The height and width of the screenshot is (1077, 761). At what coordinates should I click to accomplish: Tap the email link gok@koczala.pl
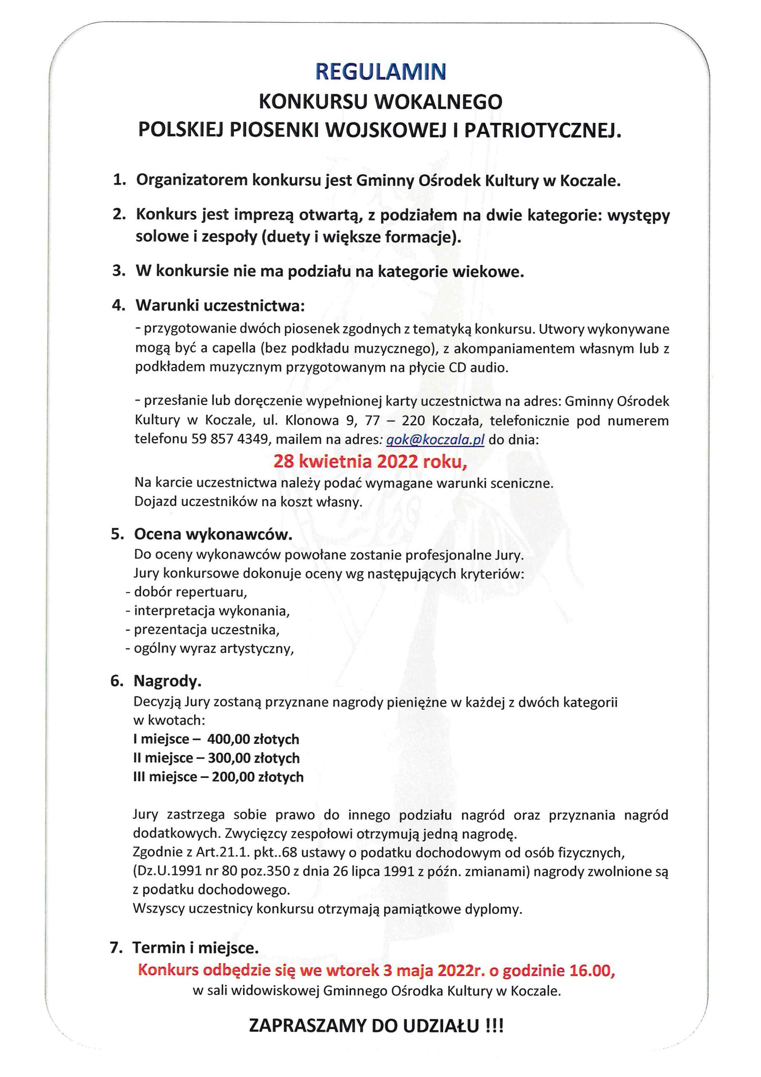(x=435, y=440)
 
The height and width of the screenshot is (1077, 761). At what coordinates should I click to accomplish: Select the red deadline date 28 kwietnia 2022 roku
(x=370, y=462)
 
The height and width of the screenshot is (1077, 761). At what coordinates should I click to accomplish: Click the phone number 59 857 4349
(x=230, y=440)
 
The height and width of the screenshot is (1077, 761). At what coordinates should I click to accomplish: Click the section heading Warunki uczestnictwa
(x=220, y=306)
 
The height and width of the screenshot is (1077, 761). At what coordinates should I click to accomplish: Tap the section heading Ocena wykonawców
(x=213, y=534)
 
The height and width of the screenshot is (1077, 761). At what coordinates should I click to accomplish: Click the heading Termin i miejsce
(x=196, y=947)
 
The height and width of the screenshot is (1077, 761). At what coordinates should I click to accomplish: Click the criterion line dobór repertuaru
(x=190, y=592)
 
